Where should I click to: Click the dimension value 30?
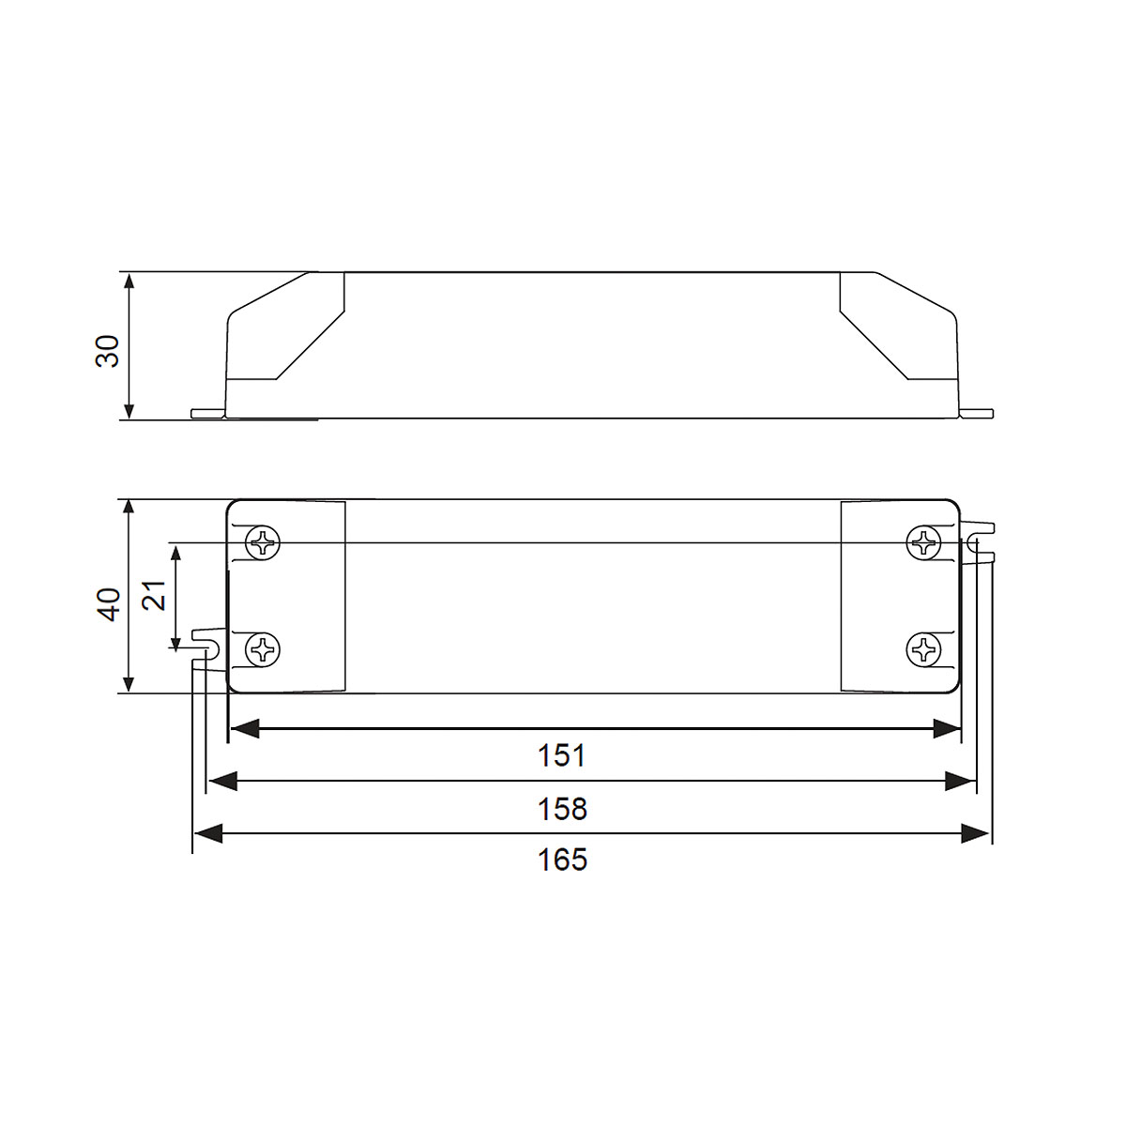pyautogui.click(x=111, y=349)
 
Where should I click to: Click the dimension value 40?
pyautogui.click(x=111, y=603)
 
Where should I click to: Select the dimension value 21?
pyautogui.click(x=156, y=595)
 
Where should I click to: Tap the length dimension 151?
pyautogui.click(x=562, y=754)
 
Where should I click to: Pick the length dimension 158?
pyautogui.click(x=562, y=808)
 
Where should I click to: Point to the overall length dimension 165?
pyautogui.click(x=562, y=859)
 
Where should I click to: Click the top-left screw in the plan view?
pyautogui.click(x=263, y=542)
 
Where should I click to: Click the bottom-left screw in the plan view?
pyautogui.click(x=263, y=649)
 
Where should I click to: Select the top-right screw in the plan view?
pyautogui.click(x=924, y=542)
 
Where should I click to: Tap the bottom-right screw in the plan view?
pyautogui.click(x=924, y=648)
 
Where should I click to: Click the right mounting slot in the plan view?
pyautogui.click(x=977, y=543)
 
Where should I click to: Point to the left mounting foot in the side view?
pyautogui.click(x=207, y=413)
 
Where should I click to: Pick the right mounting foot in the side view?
pyautogui.click(x=976, y=413)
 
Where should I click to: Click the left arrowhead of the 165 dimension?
pyautogui.click(x=206, y=833)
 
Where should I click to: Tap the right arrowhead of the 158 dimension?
pyautogui.click(x=962, y=781)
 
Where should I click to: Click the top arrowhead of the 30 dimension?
pyautogui.click(x=129, y=281)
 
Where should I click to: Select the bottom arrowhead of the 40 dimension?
pyautogui.click(x=129, y=684)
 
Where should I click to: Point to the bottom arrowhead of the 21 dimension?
pyautogui.click(x=175, y=641)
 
